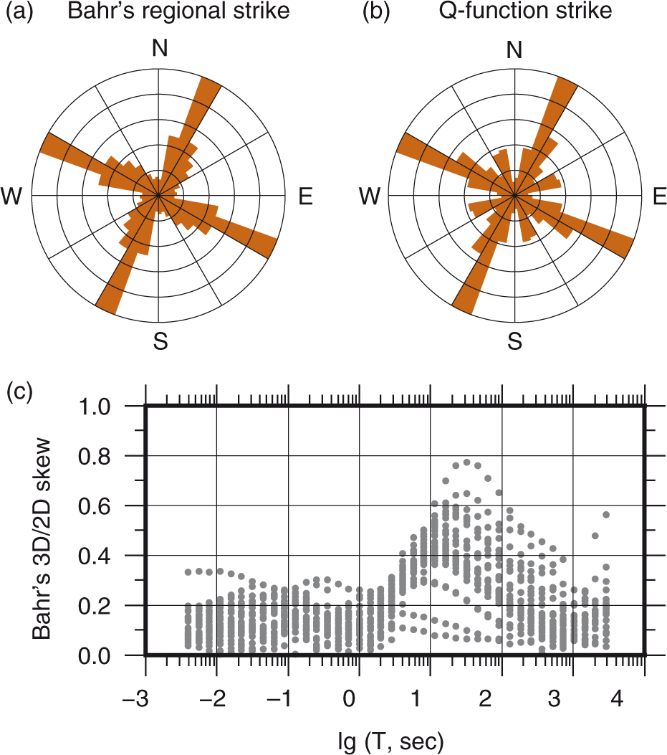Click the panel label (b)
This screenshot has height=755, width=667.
coord(378,12)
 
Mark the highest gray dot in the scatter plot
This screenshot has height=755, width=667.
coord(466,462)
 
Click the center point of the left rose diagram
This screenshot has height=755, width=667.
coord(158,195)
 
